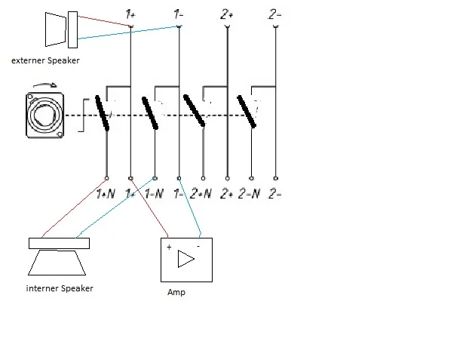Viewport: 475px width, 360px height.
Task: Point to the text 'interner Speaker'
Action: (x=60, y=288)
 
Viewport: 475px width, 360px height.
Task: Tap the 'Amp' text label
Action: (x=176, y=292)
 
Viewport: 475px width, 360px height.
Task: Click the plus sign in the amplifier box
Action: (x=170, y=247)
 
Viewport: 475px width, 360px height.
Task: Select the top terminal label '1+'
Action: (x=131, y=13)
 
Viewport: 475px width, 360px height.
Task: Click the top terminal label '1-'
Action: (x=178, y=13)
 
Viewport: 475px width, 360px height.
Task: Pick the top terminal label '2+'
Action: (x=227, y=13)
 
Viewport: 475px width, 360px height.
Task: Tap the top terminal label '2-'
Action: (x=276, y=13)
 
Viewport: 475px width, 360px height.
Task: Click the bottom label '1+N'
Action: (x=106, y=195)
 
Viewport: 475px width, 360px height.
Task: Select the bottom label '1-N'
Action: (x=154, y=195)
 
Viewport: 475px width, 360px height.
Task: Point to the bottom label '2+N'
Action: (x=201, y=195)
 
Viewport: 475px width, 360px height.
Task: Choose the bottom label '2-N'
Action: (x=250, y=195)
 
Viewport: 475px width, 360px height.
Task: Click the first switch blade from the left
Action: (x=103, y=113)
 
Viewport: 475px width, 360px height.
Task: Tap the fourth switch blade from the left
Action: (x=247, y=113)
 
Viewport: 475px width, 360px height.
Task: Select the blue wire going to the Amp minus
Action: (x=190, y=209)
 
